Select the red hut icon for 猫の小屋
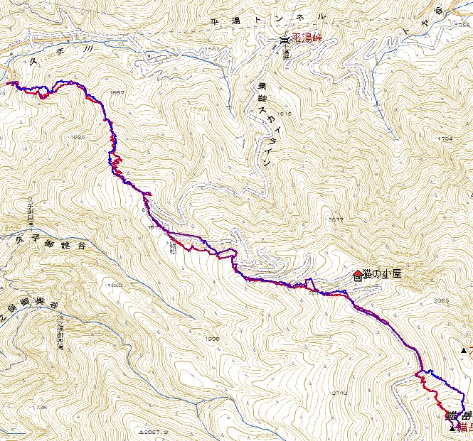(x=357, y=275)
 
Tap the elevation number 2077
(x=336, y=220)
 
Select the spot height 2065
(x=441, y=300)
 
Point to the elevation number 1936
(x=211, y=339)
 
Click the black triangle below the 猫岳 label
(x=453, y=428)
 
